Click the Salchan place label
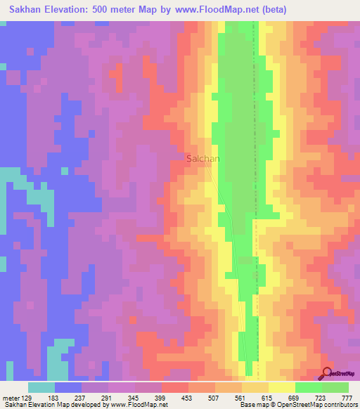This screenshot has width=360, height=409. [x=202, y=159]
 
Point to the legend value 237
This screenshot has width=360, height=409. [x=89, y=398]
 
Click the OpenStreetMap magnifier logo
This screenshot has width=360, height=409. [x=328, y=373]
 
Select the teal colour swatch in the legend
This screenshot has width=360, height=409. [x=41, y=387]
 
